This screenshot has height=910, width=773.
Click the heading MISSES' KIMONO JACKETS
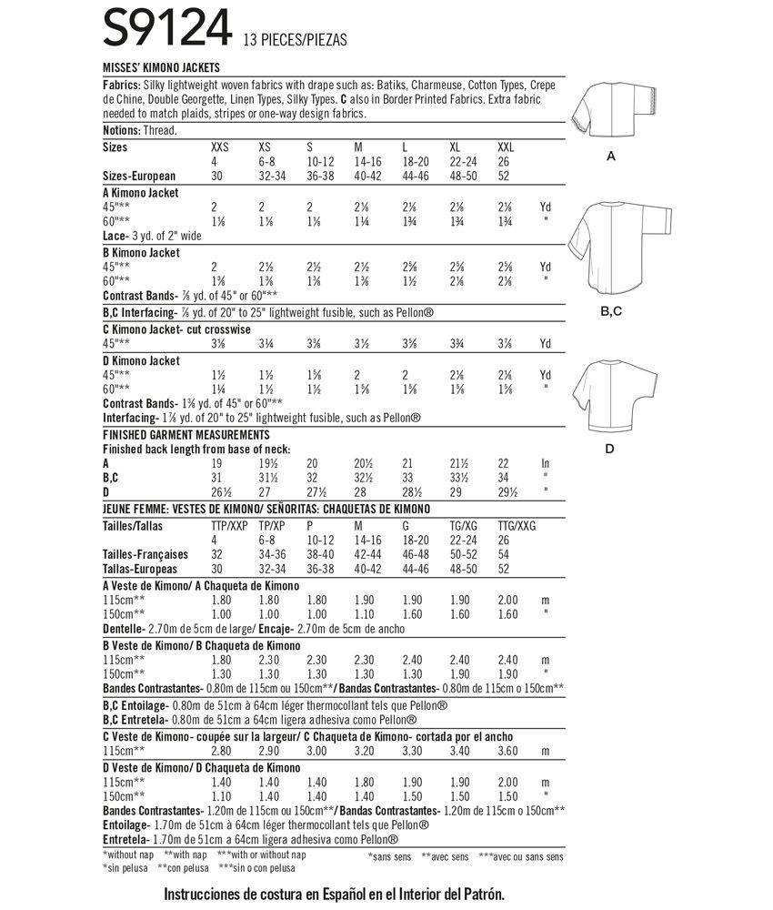click(161, 68)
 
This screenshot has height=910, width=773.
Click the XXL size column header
click(507, 147)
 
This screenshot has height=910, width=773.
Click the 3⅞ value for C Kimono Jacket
click(507, 345)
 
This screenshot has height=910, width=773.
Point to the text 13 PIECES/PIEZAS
click(296, 41)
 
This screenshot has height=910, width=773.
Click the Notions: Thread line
click(140, 131)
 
